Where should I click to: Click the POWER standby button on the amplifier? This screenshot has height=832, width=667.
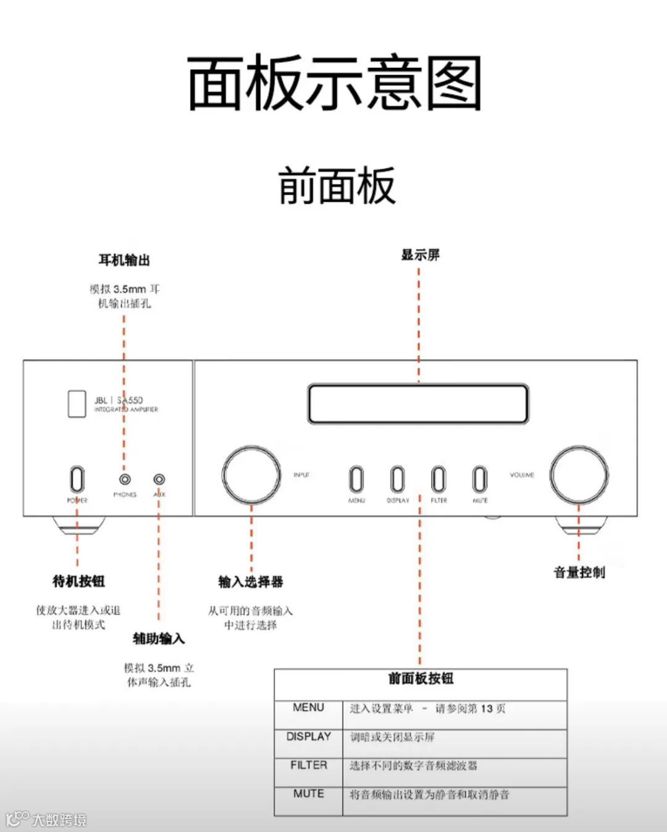tap(77, 479)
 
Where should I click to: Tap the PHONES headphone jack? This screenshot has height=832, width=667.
tap(125, 479)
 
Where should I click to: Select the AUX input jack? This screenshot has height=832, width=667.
tap(159, 479)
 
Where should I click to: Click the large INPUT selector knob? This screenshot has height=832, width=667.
tap(251, 475)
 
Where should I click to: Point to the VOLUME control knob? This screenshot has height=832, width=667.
tap(579, 475)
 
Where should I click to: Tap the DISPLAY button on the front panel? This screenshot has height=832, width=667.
tap(398, 479)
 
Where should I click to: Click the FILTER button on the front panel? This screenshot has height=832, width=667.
tap(438, 479)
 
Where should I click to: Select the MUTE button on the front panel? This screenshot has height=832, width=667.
tap(480, 479)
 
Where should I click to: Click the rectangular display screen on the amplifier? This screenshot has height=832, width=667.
tap(418, 404)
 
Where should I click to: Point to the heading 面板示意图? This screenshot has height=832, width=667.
tap(334, 83)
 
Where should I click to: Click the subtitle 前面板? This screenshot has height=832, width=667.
tap(337, 186)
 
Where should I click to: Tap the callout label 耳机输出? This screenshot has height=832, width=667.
tap(124, 260)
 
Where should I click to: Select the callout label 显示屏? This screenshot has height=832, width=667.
tap(421, 255)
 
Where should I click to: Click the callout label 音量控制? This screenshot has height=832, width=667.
tap(579, 573)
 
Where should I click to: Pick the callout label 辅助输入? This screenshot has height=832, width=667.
tap(159, 639)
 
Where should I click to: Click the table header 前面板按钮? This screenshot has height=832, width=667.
tap(421, 679)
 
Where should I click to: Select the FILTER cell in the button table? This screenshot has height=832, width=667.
tap(309, 765)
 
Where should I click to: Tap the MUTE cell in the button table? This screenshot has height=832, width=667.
tap(309, 794)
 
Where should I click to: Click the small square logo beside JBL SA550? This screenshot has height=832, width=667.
tap(77, 404)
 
